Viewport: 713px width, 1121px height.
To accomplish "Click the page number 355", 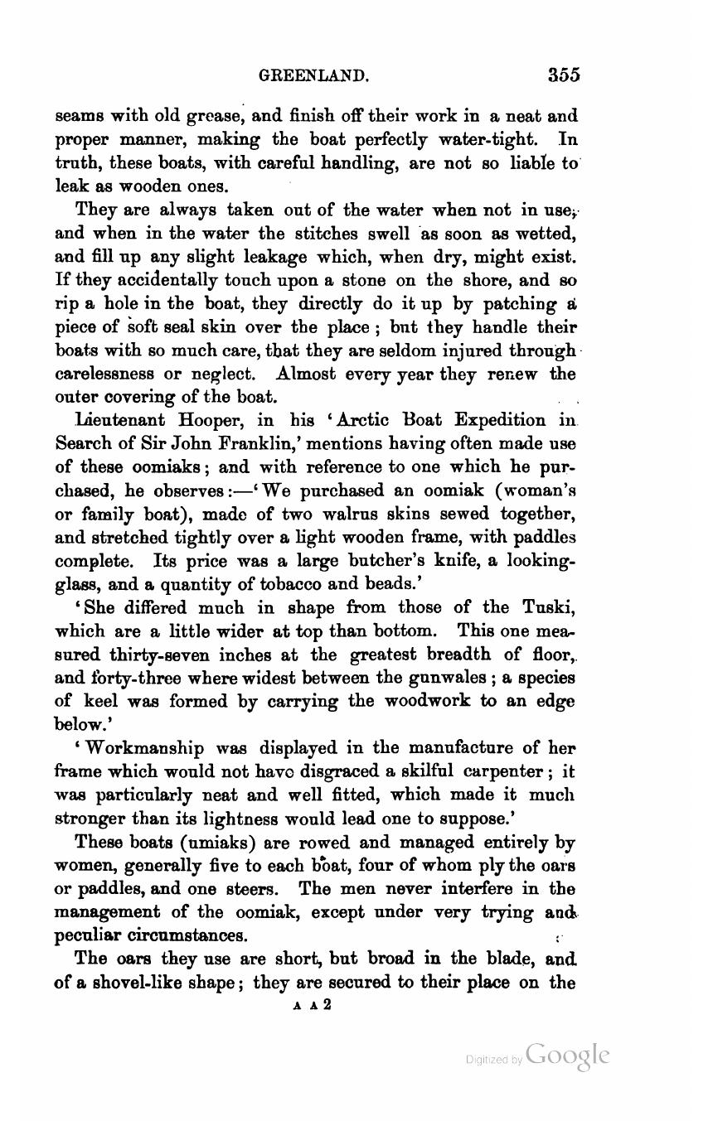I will (563, 75).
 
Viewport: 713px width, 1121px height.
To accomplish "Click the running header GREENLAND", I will (314, 76).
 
